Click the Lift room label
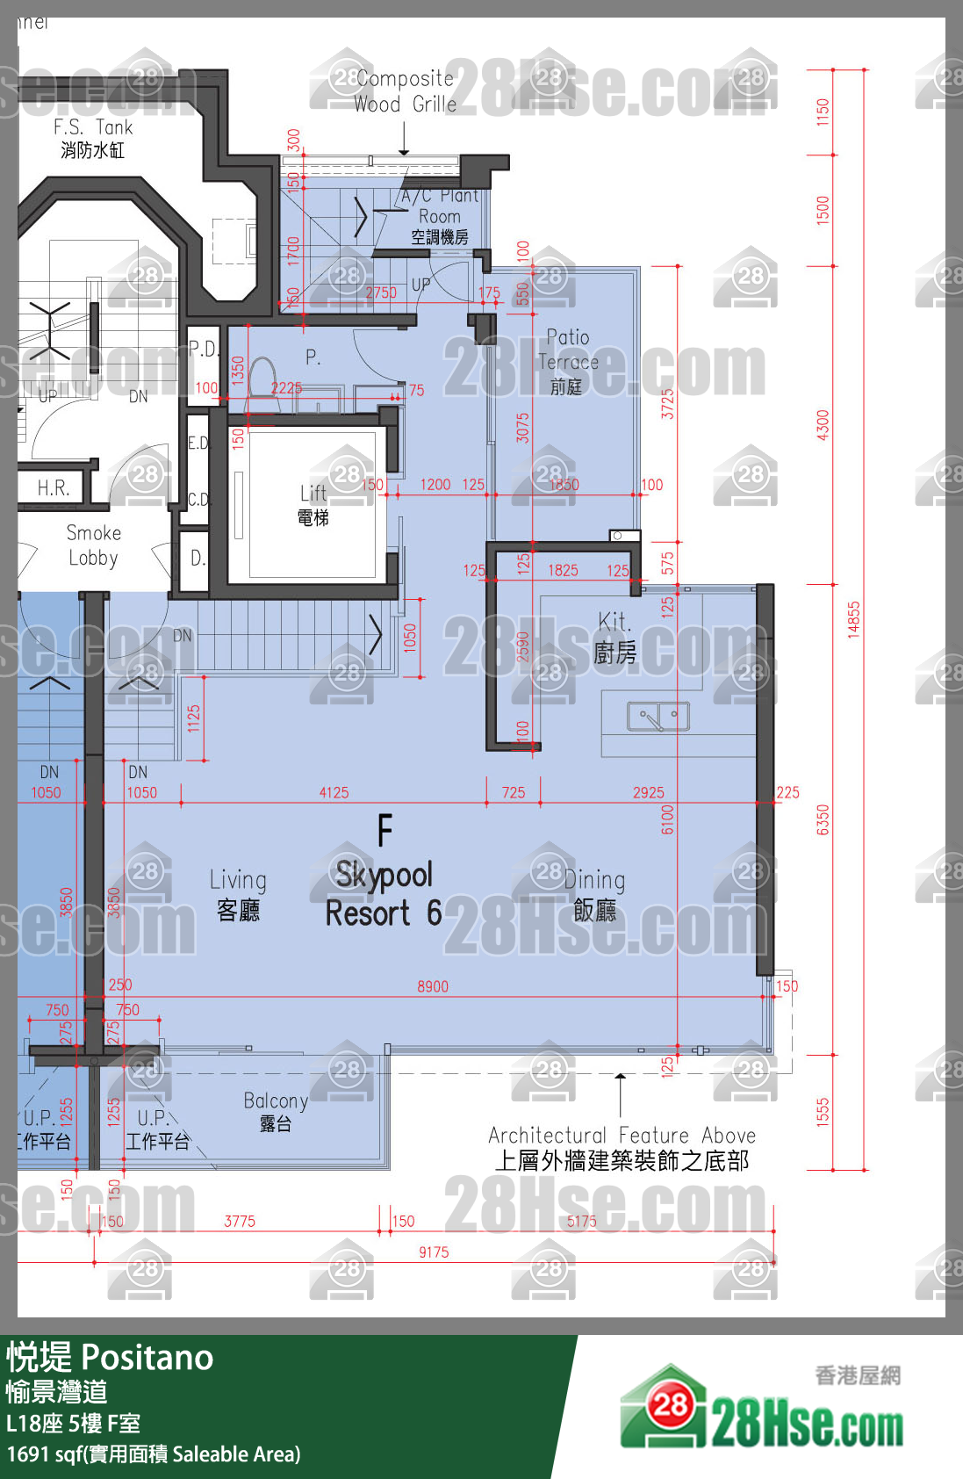pyautogui.click(x=313, y=505)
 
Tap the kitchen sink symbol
pyautogui.click(x=658, y=717)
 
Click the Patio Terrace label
pyautogui.click(x=568, y=361)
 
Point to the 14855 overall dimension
pyautogui.click(x=853, y=619)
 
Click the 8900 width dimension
pyautogui.click(x=432, y=986)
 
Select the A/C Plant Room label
pyautogui.click(x=440, y=216)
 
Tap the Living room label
pyautogui.click(x=238, y=893)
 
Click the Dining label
pyautogui.click(x=594, y=893)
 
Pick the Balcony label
pyautogui.click(x=276, y=1111)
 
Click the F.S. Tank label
pyautogui.click(x=92, y=138)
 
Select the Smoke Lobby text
pyautogui.click(x=93, y=545)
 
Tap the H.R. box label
pyautogui.click(x=53, y=488)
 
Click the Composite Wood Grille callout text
pyautogui.click(x=405, y=91)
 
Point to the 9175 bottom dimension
pyautogui.click(x=434, y=1252)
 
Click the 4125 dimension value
pyautogui.click(x=334, y=792)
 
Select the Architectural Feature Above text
pyautogui.click(x=622, y=1147)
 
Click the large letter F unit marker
pyautogui.click(x=384, y=831)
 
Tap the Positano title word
pyautogui.click(x=147, y=1358)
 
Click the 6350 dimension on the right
pyautogui.click(x=823, y=819)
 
